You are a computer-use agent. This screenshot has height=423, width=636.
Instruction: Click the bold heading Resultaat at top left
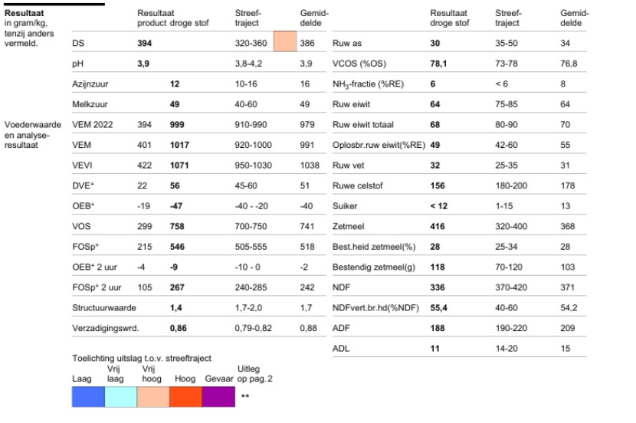[x=24, y=13]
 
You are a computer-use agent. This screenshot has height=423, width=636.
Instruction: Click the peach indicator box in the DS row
[x=285, y=41]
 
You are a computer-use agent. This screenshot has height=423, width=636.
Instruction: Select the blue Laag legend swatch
[x=88, y=397]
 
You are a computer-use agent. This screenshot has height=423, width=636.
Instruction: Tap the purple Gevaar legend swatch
[x=218, y=397]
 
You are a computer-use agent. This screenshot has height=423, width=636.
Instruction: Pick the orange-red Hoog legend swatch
[x=185, y=397]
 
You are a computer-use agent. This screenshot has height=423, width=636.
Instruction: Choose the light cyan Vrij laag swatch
[x=121, y=397]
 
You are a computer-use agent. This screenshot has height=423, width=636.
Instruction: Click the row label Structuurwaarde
[x=104, y=308]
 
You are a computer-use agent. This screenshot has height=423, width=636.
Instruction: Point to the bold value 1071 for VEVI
[x=179, y=166]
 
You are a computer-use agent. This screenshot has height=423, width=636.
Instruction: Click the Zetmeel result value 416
[x=438, y=226]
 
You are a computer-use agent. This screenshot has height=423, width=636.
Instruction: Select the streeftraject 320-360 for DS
[x=251, y=44]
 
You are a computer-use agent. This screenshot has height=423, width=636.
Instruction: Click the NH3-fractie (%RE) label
[x=368, y=84]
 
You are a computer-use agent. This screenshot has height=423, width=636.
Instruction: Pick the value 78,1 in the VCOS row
[x=438, y=64]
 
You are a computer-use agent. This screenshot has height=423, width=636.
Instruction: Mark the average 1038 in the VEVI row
[x=310, y=166]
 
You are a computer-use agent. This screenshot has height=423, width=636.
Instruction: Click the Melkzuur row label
[x=90, y=104]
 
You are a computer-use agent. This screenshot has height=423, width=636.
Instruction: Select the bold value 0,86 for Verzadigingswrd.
[x=179, y=328]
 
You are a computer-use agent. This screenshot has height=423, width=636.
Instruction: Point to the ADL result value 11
[x=434, y=349]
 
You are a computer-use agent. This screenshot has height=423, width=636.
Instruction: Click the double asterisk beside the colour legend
[x=245, y=396]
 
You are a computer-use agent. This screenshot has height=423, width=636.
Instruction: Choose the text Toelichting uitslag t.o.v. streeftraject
[x=142, y=358]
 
